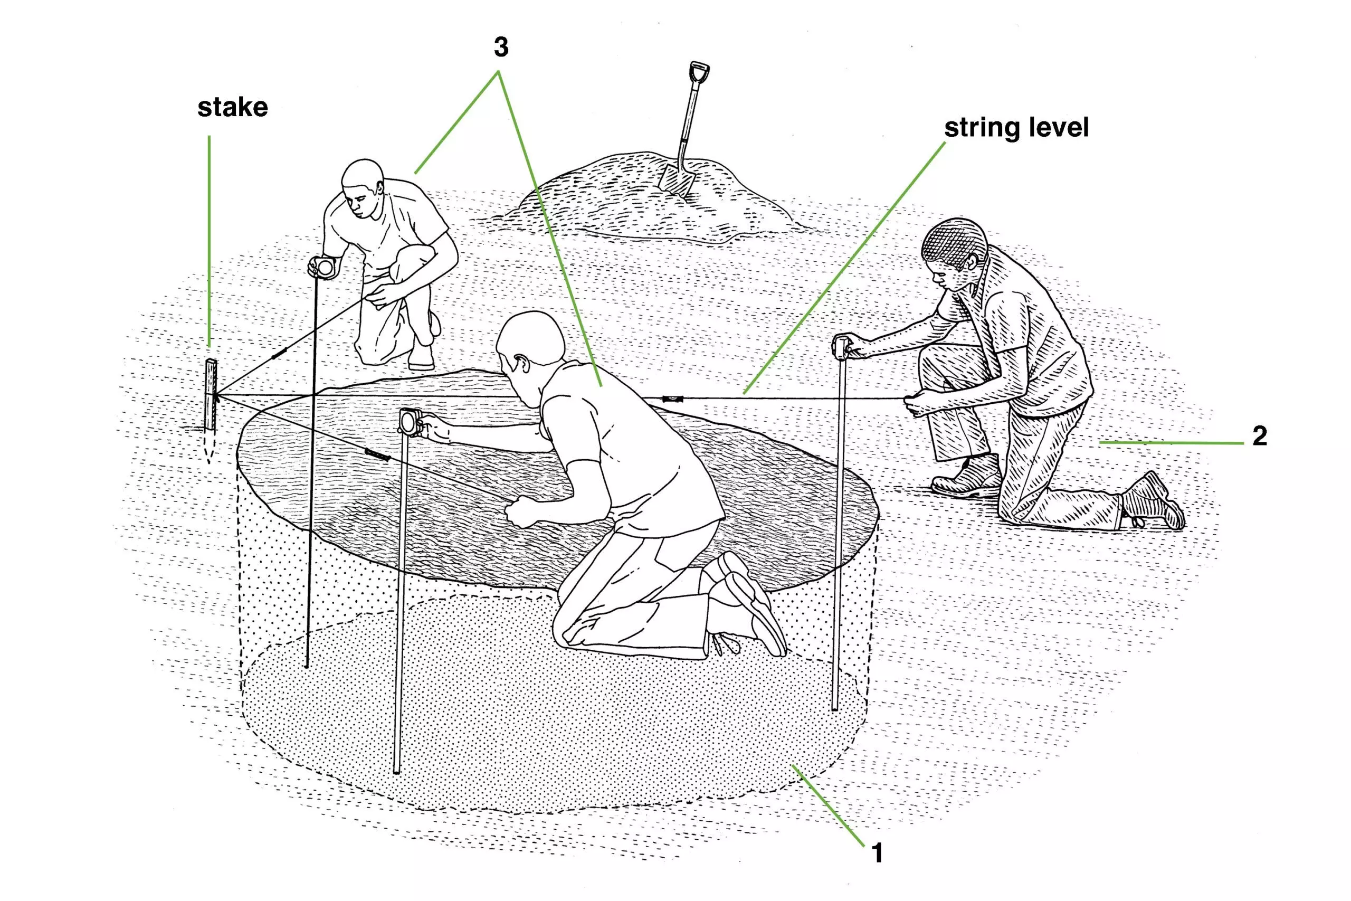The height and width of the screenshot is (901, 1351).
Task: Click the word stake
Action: (233, 108)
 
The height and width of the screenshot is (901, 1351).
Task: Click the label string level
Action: (1016, 128)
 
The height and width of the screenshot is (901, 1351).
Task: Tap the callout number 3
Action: (501, 48)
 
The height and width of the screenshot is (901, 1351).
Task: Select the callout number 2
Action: (1260, 436)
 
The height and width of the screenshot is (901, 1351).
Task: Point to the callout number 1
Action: (877, 853)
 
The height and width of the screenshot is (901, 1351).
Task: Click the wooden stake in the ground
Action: (210, 395)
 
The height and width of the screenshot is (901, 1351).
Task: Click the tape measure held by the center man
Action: (410, 422)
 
